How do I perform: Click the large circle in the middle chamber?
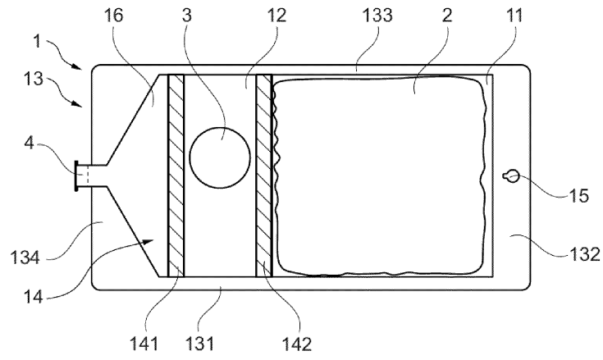tap(220, 157)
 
